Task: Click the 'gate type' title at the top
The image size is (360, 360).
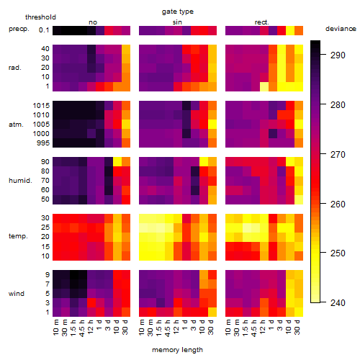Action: click(178, 12)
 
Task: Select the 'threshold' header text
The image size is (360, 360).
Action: click(40, 17)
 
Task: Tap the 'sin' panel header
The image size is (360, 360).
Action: click(177, 22)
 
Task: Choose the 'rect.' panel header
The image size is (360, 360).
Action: click(261, 22)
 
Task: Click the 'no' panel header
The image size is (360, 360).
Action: click(93, 22)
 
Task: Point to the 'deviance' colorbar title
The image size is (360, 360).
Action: click(341, 29)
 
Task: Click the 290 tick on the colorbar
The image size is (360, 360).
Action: click(338, 55)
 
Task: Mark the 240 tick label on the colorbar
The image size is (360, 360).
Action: click(338, 303)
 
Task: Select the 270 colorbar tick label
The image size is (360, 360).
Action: click(338, 155)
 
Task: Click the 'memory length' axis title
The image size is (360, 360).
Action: click(178, 350)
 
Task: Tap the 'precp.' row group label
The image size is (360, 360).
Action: click(19, 29)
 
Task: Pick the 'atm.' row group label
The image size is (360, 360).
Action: click(16, 125)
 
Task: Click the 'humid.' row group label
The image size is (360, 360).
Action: click(20, 180)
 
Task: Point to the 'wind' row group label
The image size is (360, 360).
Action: click(17, 294)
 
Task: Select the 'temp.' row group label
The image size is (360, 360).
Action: click(18, 236)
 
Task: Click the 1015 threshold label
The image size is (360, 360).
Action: click(41, 106)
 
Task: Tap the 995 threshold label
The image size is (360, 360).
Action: click(43, 143)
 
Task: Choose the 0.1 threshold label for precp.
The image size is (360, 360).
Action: click(44, 30)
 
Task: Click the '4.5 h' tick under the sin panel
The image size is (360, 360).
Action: click(168, 328)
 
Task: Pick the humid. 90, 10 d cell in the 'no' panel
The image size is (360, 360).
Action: click(117, 161)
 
